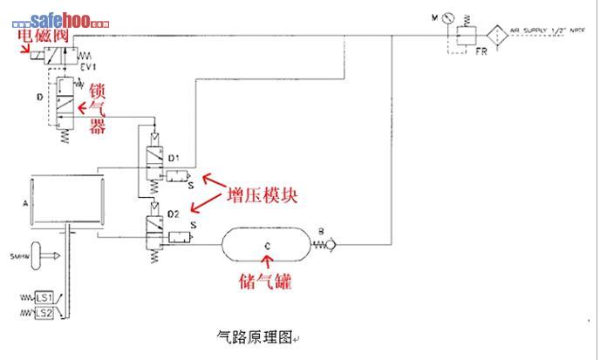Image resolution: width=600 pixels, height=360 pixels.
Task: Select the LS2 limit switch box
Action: click(x=44, y=313)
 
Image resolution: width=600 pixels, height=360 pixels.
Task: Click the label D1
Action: click(x=174, y=159)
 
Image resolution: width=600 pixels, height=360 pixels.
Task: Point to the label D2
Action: click(x=174, y=214)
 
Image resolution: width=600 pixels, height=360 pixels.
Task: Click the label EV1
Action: click(x=88, y=66)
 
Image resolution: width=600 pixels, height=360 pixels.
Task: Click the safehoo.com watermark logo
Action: click(x=58, y=19)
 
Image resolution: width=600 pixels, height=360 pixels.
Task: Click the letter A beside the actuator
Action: click(x=24, y=200)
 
